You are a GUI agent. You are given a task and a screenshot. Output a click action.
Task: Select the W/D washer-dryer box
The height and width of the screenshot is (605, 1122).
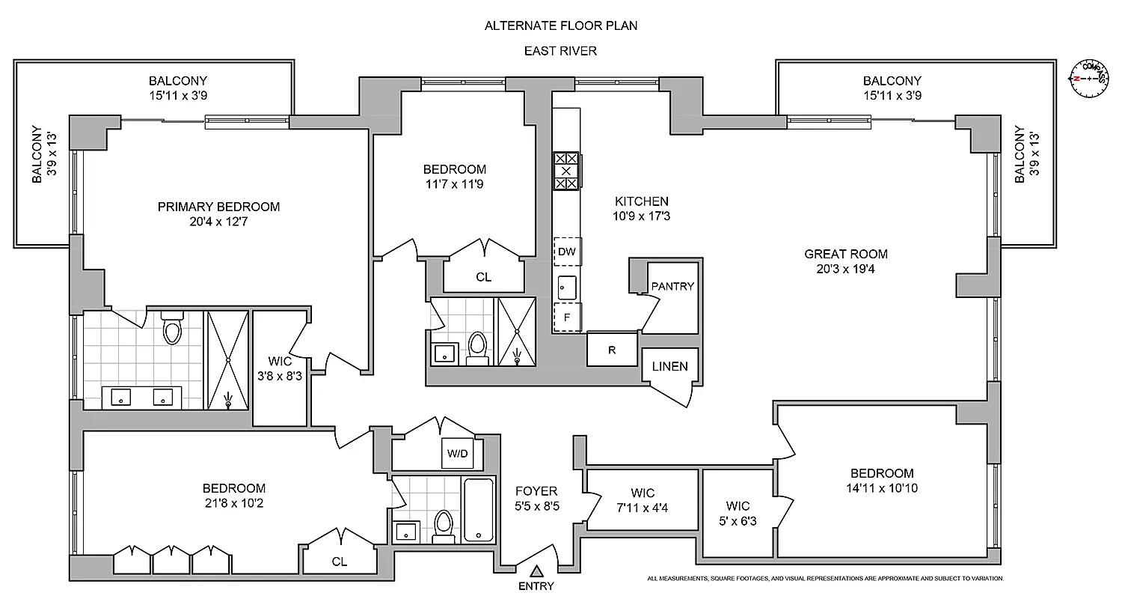click(457, 453)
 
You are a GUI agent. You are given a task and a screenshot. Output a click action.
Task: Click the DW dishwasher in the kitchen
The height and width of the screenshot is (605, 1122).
click(567, 252)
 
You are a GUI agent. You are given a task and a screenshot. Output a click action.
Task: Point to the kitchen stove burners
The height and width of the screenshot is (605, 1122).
click(566, 171)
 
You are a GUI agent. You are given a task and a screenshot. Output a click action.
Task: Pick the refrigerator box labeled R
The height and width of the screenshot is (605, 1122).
click(612, 349)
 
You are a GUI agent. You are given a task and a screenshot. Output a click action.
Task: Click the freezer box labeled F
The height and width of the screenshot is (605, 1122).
click(567, 317)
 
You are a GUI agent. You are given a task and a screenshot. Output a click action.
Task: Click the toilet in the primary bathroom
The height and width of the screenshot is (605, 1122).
click(173, 329)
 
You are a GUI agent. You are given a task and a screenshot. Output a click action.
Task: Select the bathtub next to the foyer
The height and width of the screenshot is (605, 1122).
click(479, 509)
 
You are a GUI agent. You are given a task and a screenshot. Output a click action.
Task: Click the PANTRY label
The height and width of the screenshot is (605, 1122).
click(672, 286)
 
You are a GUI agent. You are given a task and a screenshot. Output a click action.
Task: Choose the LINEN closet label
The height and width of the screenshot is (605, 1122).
click(669, 367)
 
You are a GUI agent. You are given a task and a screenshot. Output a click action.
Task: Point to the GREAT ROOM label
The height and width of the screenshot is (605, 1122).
click(846, 255)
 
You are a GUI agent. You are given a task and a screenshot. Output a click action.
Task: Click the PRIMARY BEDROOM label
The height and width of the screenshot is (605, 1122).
click(218, 207)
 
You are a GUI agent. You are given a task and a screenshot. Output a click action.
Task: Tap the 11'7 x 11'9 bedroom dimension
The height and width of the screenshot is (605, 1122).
click(454, 183)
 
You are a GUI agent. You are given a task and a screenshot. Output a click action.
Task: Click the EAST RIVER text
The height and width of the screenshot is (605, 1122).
click(560, 51)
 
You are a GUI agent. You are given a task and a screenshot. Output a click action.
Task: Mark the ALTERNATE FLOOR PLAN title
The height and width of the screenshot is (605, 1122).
click(560, 25)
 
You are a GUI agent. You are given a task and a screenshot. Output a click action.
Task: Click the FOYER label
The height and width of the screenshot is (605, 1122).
click(536, 491)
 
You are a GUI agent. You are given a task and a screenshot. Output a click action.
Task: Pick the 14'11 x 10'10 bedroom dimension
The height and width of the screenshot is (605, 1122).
click(882, 488)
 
